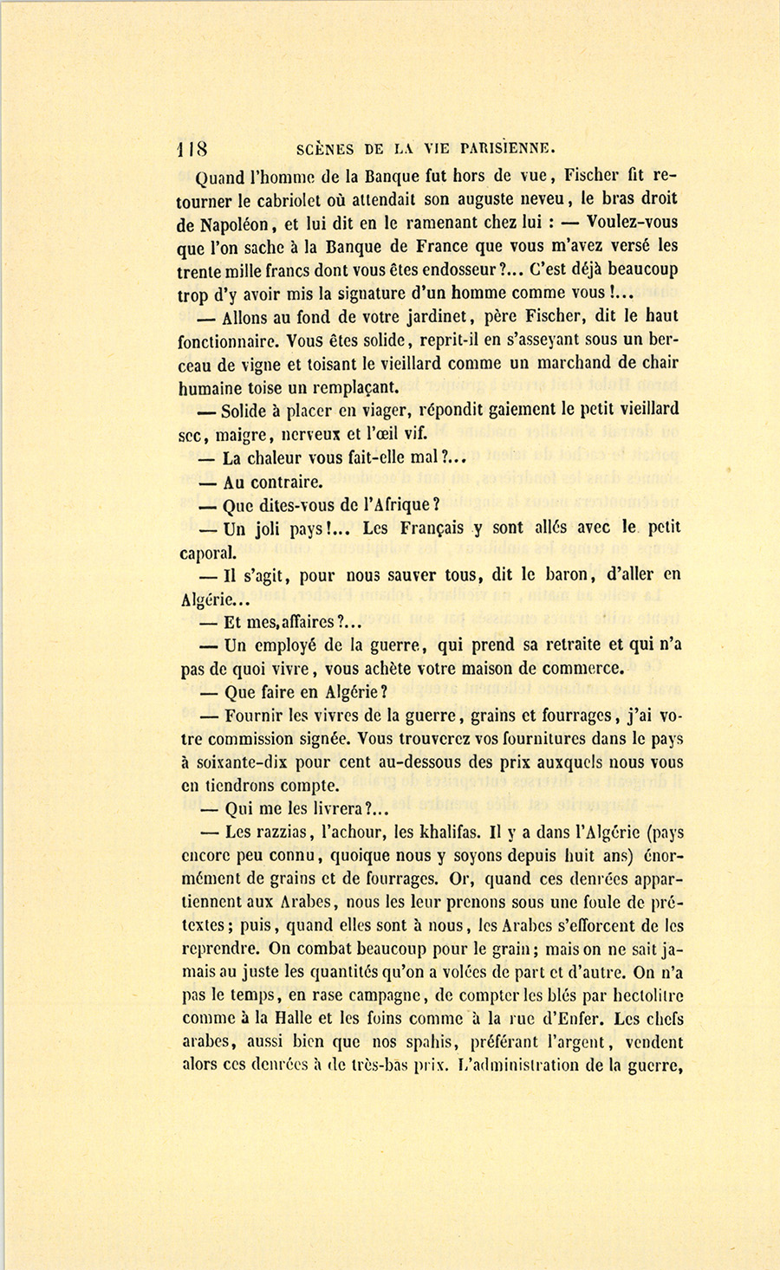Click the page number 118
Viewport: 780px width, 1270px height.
(192, 147)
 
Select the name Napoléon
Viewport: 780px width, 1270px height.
(239, 224)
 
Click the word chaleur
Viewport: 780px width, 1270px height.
(278, 457)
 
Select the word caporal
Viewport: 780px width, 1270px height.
(208, 552)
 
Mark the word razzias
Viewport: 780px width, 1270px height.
(257, 833)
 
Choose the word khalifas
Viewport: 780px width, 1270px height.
(444, 833)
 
